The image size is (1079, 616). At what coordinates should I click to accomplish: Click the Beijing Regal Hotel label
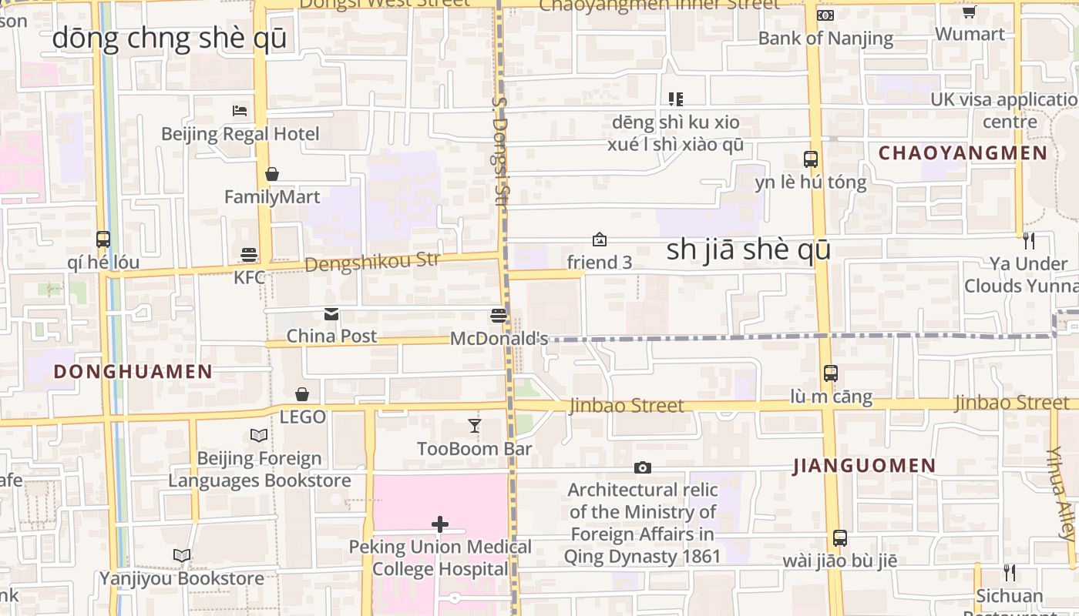tap(240, 134)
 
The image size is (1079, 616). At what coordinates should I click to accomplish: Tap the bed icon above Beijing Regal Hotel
tap(240, 110)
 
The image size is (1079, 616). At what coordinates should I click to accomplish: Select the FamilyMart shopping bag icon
tap(271, 174)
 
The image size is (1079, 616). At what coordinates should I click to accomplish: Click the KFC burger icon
tap(249, 254)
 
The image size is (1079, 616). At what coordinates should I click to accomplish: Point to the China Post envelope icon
tap(331, 313)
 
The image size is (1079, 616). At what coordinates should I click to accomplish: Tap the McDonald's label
tap(499, 338)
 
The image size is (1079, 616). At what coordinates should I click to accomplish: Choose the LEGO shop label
tap(302, 417)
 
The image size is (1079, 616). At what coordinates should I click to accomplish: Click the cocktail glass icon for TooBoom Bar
tap(475, 426)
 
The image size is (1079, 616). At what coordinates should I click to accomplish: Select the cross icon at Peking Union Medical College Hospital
tap(440, 524)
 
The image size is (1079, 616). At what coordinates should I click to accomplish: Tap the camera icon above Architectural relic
tap(642, 467)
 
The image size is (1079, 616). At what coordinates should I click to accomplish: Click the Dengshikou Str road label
tap(372, 262)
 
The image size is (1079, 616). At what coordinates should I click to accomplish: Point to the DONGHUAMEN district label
tap(133, 372)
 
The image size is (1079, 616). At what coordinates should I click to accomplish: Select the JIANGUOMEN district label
tap(864, 466)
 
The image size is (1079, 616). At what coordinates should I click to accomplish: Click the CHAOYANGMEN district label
tap(963, 153)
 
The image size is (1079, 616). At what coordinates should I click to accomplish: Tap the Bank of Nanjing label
tap(825, 38)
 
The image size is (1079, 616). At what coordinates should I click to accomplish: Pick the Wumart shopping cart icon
tap(970, 12)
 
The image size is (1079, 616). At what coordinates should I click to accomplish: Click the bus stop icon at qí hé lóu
tap(103, 239)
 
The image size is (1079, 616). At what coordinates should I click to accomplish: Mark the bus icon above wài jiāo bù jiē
tap(840, 537)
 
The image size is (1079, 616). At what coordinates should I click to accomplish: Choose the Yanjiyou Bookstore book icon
tap(182, 555)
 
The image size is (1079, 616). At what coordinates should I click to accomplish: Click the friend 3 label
tap(599, 263)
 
